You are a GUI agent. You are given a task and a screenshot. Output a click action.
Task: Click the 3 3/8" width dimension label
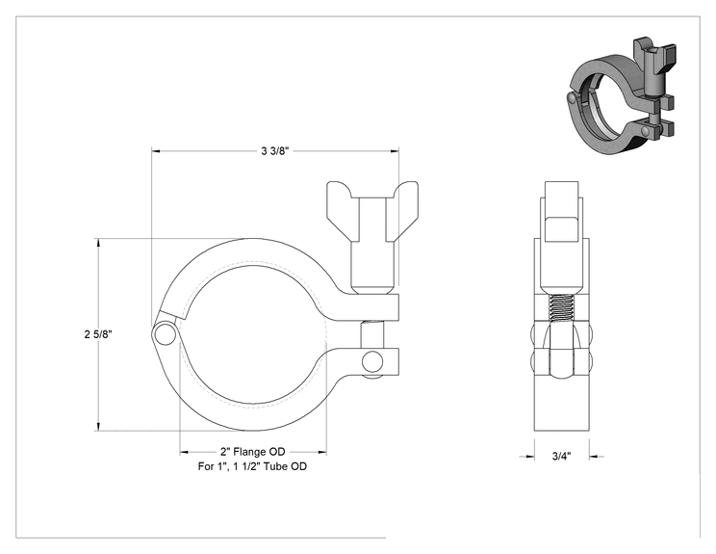pyautogui.click(x=275, y=151)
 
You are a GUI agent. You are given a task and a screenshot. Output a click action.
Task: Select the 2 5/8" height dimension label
pyautogui.click(x=98, y=334)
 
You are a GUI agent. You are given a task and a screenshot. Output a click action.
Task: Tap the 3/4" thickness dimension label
pyautogui.click(x=562, y=456)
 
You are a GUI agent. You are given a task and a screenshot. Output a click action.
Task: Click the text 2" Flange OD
pyautogui.click(x=252, y=452)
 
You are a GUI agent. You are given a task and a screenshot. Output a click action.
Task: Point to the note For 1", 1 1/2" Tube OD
pyautogui.click(x=252, y=466)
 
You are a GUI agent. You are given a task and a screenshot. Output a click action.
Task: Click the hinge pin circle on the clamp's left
pyautogui.click(x=165, y=334)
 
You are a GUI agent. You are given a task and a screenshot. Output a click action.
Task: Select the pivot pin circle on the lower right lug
pyautogui.click(x=372, y=362)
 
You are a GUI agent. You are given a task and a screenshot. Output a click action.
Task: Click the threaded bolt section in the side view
pyautogui.click(x=561, y=308)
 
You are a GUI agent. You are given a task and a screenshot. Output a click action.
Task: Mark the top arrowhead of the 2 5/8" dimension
pyautogui.click(x=97, y=242)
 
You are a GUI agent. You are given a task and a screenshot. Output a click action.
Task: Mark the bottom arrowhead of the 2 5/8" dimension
pyautogui.click(x=97, y=427)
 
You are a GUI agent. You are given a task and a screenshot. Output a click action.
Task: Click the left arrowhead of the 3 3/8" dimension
pyautogui.click(x=156, y=150)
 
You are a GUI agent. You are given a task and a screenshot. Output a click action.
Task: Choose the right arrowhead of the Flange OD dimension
pyautogui.click(x=322, y=453)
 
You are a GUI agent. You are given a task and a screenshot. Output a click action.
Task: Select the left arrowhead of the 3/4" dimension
pyautogui.click(x=529, y=456)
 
